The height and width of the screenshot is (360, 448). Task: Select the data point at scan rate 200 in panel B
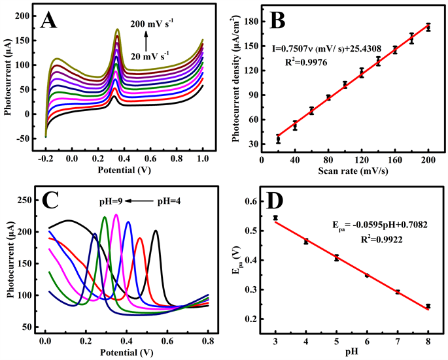click(x=428, y=27)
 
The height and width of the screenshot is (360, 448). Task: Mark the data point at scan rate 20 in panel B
click(x=278, y=139)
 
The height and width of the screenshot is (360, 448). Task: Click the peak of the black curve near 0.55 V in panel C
click(x=156, y=231)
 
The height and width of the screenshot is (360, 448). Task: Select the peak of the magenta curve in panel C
click(x=116, y=214)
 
